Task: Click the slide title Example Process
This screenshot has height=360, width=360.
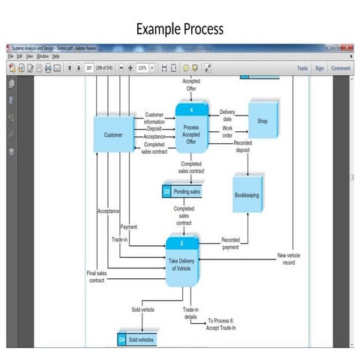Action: click(x=179, y=29)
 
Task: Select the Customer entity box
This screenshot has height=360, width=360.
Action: click(x=114, y=135)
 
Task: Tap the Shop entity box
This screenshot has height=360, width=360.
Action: click(x=262, y=119)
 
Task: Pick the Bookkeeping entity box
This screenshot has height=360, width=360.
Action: click(x=250, y=194)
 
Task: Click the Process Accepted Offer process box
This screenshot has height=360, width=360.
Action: click(x=191, y=131)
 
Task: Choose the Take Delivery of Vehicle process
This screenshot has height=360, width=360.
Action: click(x=184, y=263)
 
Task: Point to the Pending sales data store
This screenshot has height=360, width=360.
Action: click(x=182, y=192)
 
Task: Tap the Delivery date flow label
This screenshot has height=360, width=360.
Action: click(x=226, y=115)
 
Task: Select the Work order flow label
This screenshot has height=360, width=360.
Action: click(x=227, y=131)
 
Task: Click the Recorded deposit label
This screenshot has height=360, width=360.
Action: click(x=242, y=145)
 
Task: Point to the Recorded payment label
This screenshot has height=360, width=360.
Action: click(x=230, y=243)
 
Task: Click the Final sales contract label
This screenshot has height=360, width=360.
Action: click(x=97, y=277)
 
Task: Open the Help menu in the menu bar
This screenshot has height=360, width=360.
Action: click(x=55, y=56)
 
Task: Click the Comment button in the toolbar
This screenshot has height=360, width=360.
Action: click(x=340, y=68)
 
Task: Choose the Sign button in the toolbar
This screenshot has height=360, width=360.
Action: click(x=319, y=68)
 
